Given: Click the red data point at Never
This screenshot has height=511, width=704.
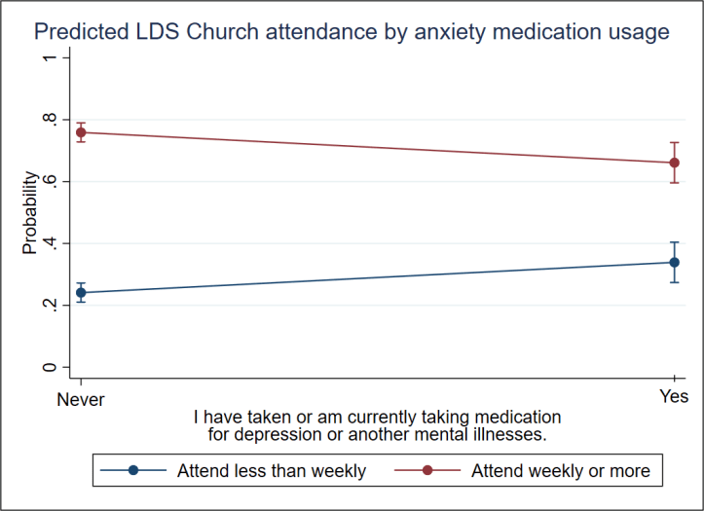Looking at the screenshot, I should (x=81, y=132).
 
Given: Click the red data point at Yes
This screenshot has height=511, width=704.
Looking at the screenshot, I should (x=674, y=163).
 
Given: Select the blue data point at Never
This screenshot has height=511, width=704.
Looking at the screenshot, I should (x=81, y=292).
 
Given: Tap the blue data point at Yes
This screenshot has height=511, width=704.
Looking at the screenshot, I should (x=674, y=262).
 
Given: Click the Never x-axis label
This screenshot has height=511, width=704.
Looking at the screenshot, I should (x=81, y=398).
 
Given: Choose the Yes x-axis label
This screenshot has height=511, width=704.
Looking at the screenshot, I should (x=674, y=398).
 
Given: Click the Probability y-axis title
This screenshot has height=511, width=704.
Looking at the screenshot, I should (x=30, y=213).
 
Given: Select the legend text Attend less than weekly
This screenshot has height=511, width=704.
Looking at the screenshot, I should (x=272, y=471).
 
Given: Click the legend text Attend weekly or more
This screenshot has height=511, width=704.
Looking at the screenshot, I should (x=560, y=471).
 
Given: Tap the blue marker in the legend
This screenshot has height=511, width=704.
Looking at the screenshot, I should (x=134, y=471).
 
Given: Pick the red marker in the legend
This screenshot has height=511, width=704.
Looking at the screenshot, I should (x=426, y=471).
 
